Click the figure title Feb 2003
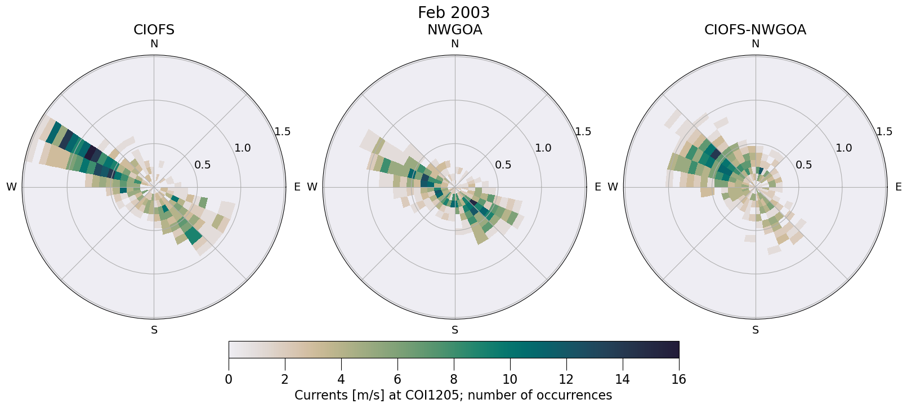click(x=453, y=12)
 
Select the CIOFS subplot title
click(x=154, y=30)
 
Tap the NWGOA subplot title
click(x=454, y=30)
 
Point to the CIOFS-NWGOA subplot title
click(x=755, y=30)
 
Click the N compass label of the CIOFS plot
click(x=154, y=44)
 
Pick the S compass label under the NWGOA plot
click(x=454, y=330)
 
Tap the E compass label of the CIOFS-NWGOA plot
click(x=898, y=187)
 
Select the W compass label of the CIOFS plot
click(x=11, y=187)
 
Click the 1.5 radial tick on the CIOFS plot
click(x=282, y=132)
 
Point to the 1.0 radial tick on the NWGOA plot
click(x=543, y=148)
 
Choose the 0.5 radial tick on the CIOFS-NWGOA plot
click(x=803, y=165)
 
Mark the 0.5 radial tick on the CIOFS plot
click(x=202, y=165)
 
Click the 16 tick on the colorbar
click(x=678, y=379)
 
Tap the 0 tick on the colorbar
click(x=229, y=379)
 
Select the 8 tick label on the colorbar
click(x=453, y=379)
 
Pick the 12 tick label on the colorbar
click(x=566, y=379)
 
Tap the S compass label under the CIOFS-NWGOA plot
click(x=755, y=330)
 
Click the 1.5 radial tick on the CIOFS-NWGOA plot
click(x=884, y=132)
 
